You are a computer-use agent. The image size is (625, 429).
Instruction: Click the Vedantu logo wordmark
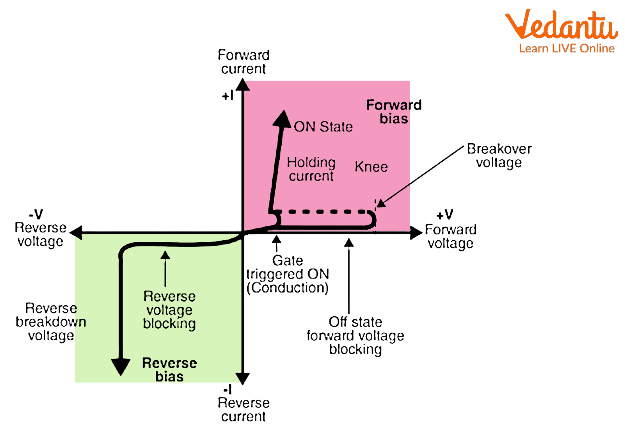(x=561, y=25)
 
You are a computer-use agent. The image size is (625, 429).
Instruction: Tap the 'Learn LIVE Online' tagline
(x=567, y=48)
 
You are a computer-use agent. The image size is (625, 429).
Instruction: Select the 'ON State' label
(x=323, y=127)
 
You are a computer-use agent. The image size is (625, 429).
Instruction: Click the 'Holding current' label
(x=311, y=169)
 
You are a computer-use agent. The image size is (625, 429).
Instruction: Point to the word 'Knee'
(x=371, y=167)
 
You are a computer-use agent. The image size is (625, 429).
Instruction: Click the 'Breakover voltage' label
(x=499, y=155)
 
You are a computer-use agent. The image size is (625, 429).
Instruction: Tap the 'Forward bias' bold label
(x=394, y=112)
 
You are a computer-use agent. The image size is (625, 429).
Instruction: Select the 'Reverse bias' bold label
(x=170, y=369)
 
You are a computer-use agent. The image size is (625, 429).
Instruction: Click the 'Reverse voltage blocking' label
(x=170, y=310)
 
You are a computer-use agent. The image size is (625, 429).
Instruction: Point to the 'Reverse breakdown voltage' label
(x=51, y=322)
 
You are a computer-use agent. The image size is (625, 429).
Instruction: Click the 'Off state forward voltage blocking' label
(x=355, y=335)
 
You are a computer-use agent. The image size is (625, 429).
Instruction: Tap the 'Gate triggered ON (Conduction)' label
(x=288, y=274)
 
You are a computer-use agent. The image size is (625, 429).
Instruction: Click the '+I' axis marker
(x=228, y=96)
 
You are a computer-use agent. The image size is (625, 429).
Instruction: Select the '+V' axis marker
(x=444, y=215)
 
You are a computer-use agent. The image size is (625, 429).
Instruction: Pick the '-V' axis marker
(x=36, y=214)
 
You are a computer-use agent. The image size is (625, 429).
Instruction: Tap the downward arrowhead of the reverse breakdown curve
(x=120, y=366)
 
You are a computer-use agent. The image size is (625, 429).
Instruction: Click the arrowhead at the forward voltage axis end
(x=416, y=232)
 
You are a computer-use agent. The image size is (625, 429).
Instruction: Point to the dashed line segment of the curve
(x=326, y=212)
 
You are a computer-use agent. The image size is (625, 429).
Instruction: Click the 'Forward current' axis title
(x=244, y=62)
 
